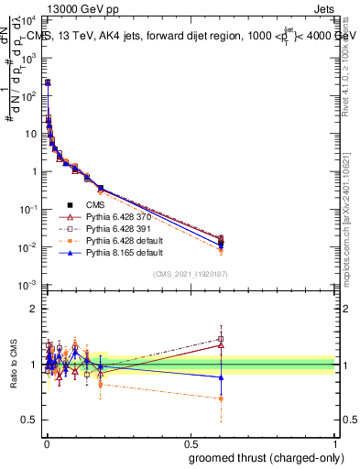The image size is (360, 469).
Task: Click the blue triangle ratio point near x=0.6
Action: tap(221, 377)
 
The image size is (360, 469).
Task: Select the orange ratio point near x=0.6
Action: tap(221, 398)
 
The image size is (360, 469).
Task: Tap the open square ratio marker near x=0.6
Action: tap(221, 339)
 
